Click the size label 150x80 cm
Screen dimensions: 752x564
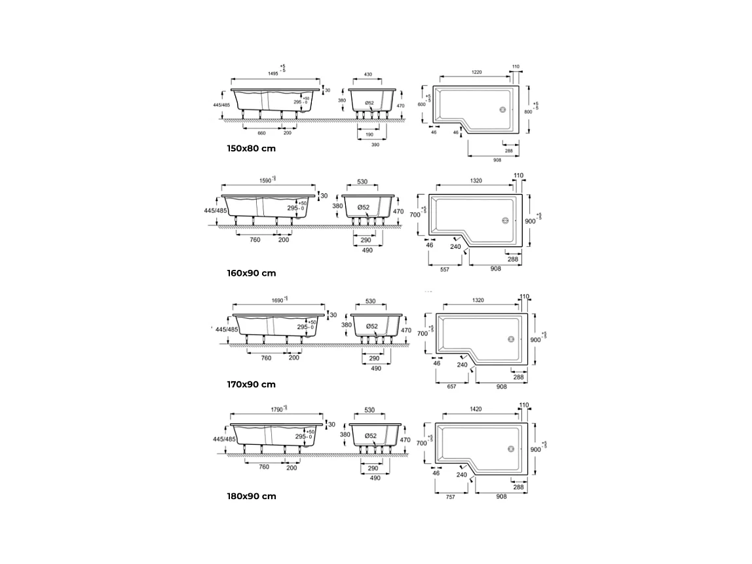tap(251, 149)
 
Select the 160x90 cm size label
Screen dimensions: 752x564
tap(251, 273)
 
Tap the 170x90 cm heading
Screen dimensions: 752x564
tap(251, 385)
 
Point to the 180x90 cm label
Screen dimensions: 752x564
tap(251, 496)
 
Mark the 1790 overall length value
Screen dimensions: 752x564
tap(276, 409)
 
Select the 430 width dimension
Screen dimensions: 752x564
tap(368, 75)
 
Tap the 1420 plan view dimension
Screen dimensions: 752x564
tap(476, 409)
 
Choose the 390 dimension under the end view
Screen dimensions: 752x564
tap(375, 145)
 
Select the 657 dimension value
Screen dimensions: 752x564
tap(451, 387)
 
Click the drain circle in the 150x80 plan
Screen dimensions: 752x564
tap(503, 110)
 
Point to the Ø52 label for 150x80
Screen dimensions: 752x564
tap(369, 103)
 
